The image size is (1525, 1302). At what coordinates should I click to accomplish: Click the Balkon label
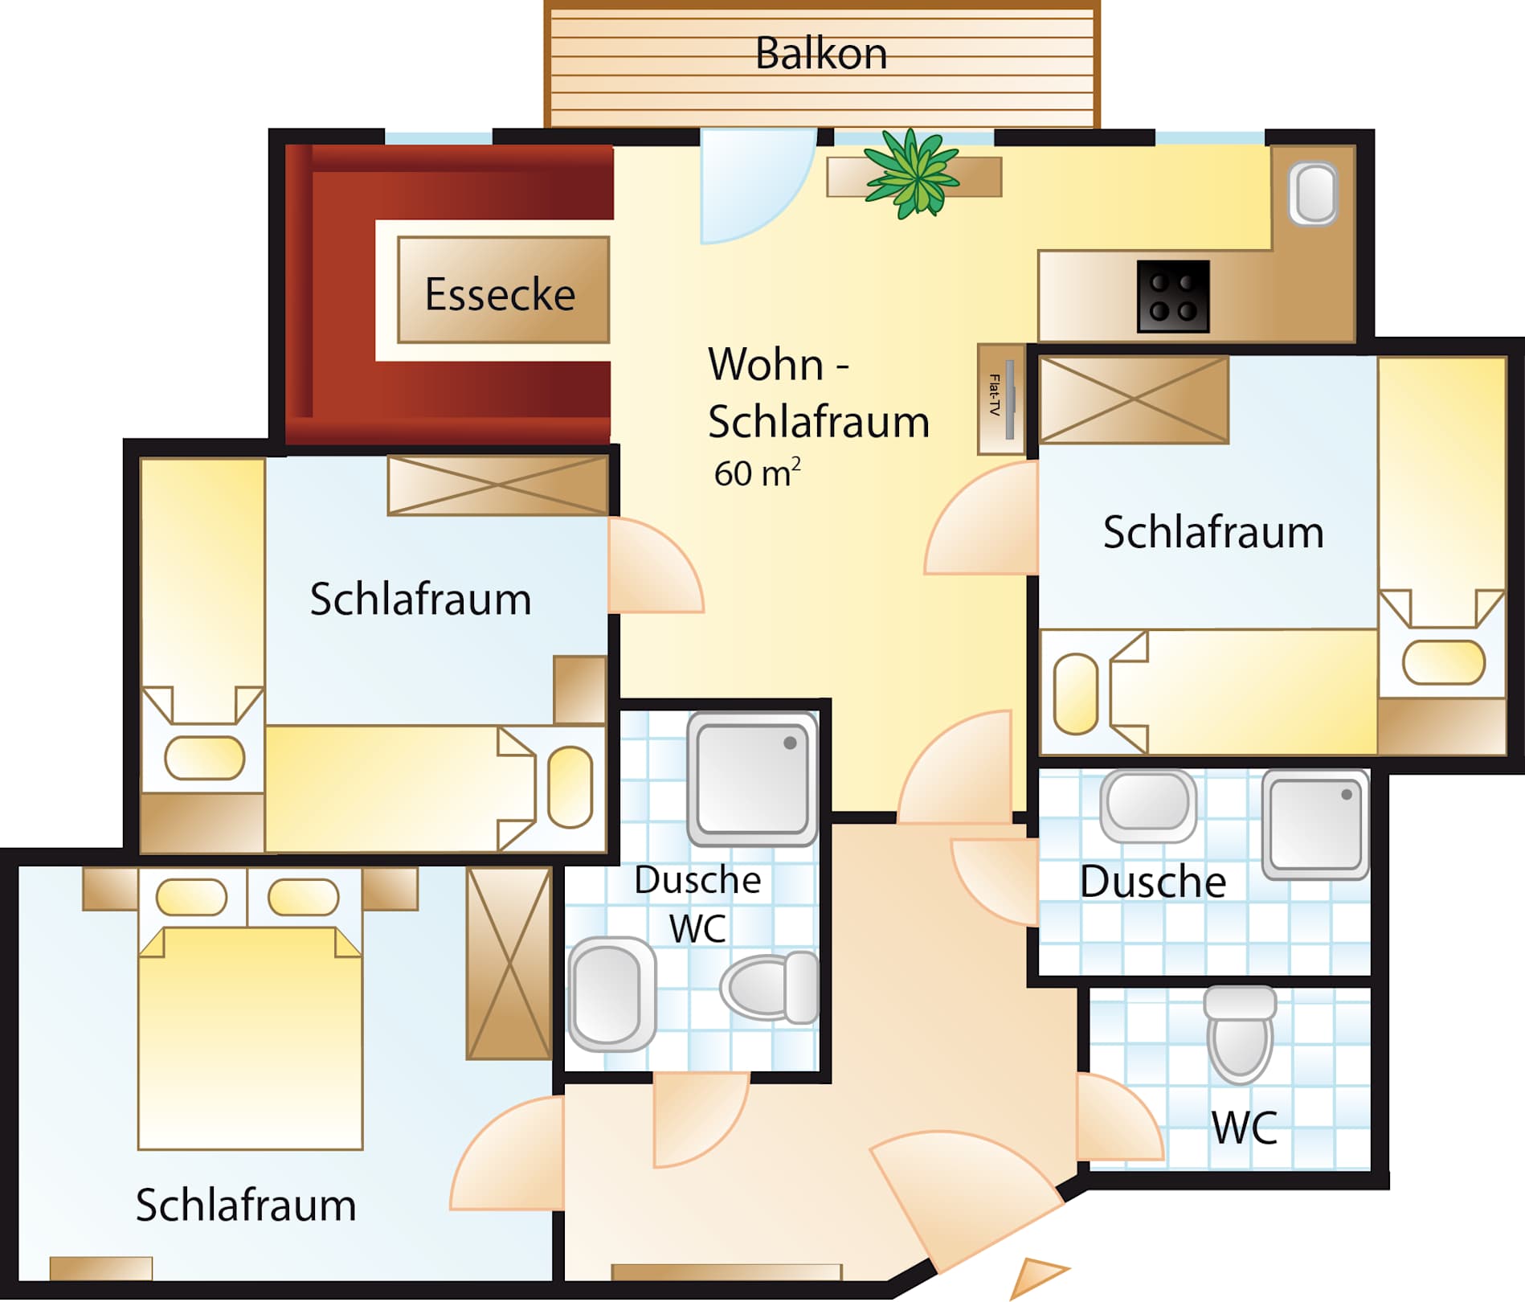point(821,54)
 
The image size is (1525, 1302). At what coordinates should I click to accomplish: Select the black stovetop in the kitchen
point(1173,296)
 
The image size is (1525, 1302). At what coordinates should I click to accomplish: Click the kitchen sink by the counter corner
point(1314,194)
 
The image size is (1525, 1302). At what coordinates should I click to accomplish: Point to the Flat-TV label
point(995,395)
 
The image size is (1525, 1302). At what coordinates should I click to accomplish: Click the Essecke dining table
point(503,290)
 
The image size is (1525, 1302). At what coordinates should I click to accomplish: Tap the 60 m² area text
point(757,473)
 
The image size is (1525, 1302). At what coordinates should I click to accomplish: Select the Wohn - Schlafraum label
point(819,393)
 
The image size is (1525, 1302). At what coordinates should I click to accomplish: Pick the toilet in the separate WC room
point(1240,1034)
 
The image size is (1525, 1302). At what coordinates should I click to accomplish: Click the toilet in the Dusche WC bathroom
point(770,987)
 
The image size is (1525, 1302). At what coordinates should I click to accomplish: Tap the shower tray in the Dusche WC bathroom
point(752,779)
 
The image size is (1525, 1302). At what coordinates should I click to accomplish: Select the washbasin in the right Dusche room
point(1147,805)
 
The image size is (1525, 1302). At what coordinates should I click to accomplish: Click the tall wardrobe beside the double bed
point(509,963)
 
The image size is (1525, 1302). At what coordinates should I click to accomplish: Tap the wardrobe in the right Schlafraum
point(1134,399)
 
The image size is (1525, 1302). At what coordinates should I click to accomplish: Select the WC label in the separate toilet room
point(1244,1127)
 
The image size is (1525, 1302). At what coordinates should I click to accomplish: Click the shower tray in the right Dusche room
point(1315,825)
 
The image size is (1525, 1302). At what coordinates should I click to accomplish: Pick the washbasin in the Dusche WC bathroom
point(611,994)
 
